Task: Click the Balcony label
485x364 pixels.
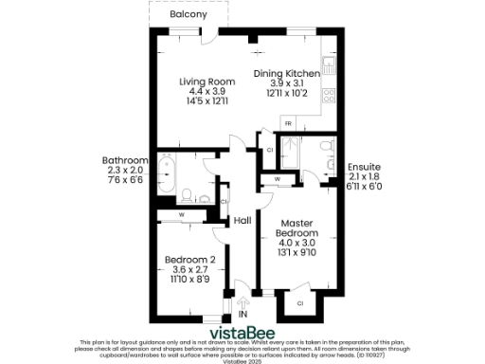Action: pyautogui.click(x=189, y=16)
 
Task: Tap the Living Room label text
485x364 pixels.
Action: pyautogui.click(x=207, y=82)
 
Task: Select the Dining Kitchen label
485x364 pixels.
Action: pyautogui.click(x=286, y=73)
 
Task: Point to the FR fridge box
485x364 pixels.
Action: pyautogui.click(x=288, y=124)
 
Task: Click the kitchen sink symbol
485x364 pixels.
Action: pyautogui.click(x=327, y=67)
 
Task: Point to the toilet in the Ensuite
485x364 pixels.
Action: pyautogui.click(x=326, y=147)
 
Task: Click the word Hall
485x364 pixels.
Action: pyautogui.click(x=242, y=220)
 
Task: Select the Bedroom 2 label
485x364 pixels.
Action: pyautogui.click(x=189, y=260)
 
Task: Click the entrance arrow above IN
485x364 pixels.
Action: pyautogui.click(x=242, y=301)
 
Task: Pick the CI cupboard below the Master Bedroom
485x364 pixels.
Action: pyautogui.click(x=299, y=303)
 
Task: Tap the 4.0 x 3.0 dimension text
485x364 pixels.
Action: pyautogui.click(x=296, y=243)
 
